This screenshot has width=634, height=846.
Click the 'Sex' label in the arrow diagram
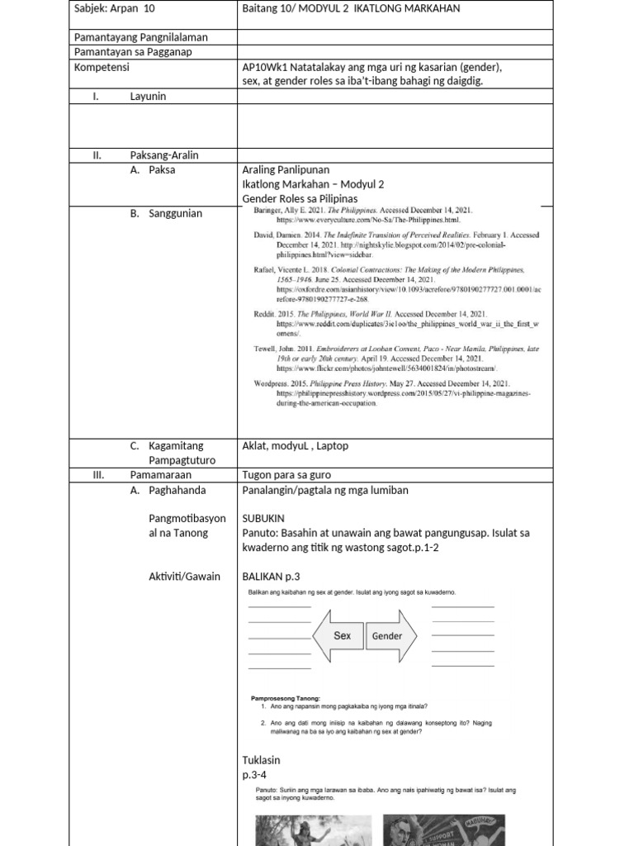[342, 635]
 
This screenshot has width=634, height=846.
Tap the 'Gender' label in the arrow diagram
[386, 636]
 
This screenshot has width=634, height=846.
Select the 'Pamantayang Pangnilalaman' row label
[140, 37]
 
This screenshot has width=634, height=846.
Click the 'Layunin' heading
[148, 97]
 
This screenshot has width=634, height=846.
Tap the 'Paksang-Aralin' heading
[164, 155]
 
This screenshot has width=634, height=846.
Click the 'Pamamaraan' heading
[160, 475]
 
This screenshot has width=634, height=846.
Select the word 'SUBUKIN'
[263, 518]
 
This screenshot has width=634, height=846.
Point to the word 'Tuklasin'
[261, 760]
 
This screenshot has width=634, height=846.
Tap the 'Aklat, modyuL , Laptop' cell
[295, 445]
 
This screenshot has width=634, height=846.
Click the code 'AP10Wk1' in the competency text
[267, 67]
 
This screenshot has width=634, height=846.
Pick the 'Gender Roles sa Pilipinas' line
[300, 199]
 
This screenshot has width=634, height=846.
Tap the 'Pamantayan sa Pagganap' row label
[132, 52]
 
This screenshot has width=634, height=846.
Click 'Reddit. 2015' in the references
[273, 315]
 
